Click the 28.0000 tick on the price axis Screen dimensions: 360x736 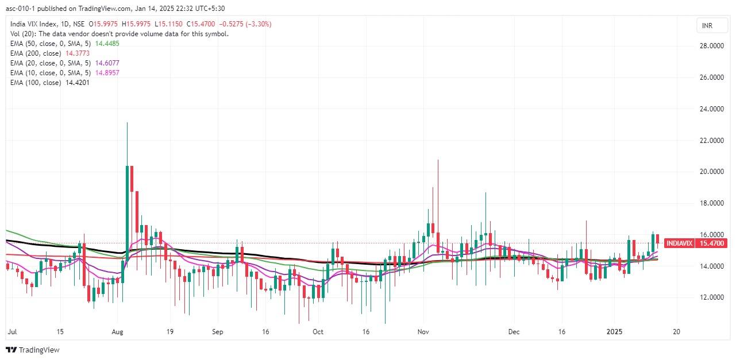[710, 46]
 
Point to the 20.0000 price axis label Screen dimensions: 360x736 [710, 172]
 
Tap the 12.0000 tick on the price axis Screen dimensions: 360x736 [710, 297]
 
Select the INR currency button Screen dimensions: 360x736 [707, 26]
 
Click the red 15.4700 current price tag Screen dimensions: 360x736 [711, 243]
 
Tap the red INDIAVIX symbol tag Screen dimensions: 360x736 [679, 243]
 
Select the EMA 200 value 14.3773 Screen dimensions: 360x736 [78, 53]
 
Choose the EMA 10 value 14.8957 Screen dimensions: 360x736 [107, 73]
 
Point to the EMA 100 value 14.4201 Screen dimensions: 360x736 [78, 83]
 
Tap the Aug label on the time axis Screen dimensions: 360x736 [117, 332]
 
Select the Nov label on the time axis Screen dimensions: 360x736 [423, 332]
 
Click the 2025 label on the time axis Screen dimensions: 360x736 [615, 332]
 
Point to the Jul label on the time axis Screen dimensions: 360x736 [11, 332]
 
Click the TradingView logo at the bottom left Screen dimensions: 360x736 [33, 350]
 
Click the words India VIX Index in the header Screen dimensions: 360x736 [34, 24]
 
